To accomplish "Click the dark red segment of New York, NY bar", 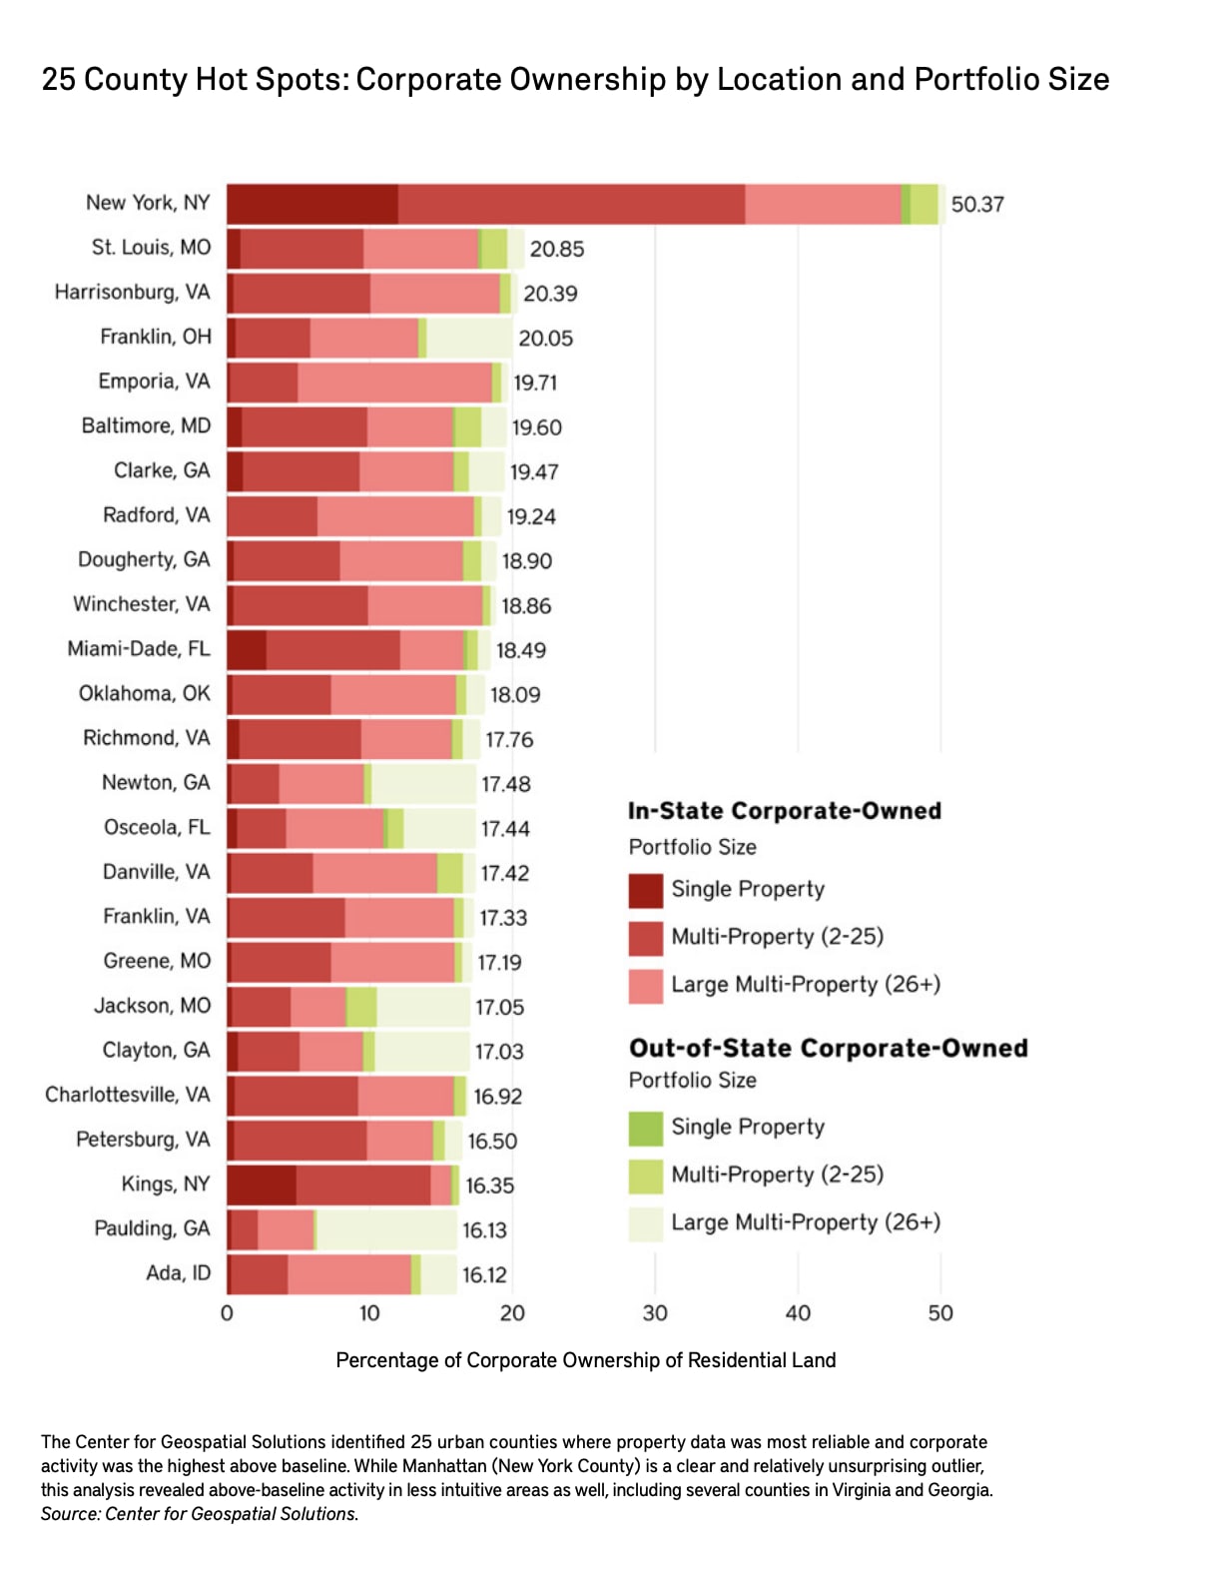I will (311, 204).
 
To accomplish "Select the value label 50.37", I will (976, 205).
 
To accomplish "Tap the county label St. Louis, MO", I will (151, 248).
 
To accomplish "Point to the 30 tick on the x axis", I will (655, 1312).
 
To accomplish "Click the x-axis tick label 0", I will (227, 1312).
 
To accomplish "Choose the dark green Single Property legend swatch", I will (646, 1128).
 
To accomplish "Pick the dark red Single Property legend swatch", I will (646, 890).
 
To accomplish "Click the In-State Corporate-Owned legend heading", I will (784, 811).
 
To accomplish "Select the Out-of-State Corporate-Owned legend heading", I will (828, 1049).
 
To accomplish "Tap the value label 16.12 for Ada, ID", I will (484, 1275).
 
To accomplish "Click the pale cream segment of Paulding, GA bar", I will (386, 1229).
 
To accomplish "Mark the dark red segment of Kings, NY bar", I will (262, 1185).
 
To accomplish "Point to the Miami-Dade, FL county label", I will (139, 649).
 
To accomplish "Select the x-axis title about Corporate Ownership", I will (585, 1360).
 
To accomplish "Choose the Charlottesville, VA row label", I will (128, 1096).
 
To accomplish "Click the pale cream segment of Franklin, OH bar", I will (469, 338).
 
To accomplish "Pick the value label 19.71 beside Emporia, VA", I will (535, 383).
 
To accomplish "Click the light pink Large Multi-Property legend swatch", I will (646, 986).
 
